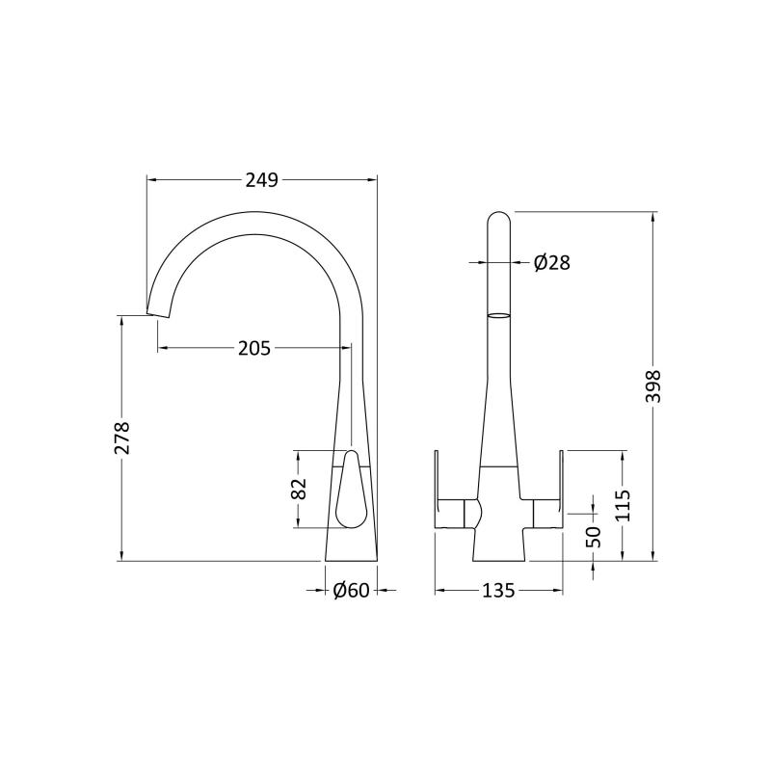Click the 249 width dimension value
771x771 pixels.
click(x=262, y=180)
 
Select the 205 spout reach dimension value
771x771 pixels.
click(x=254, y=348)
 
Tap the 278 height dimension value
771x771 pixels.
click(x=122, y=438)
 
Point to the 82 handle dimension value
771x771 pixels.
click(x=299, y=489)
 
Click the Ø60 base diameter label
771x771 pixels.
click(x=351, y=590)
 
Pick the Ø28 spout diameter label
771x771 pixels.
click(x=551, y=263)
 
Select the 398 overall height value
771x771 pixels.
click(x=654, y=386)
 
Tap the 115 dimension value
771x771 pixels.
click(x=623, y=505)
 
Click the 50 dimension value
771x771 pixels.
click(x=594, y=537)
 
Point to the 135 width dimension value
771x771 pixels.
click(x=498, y=590)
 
